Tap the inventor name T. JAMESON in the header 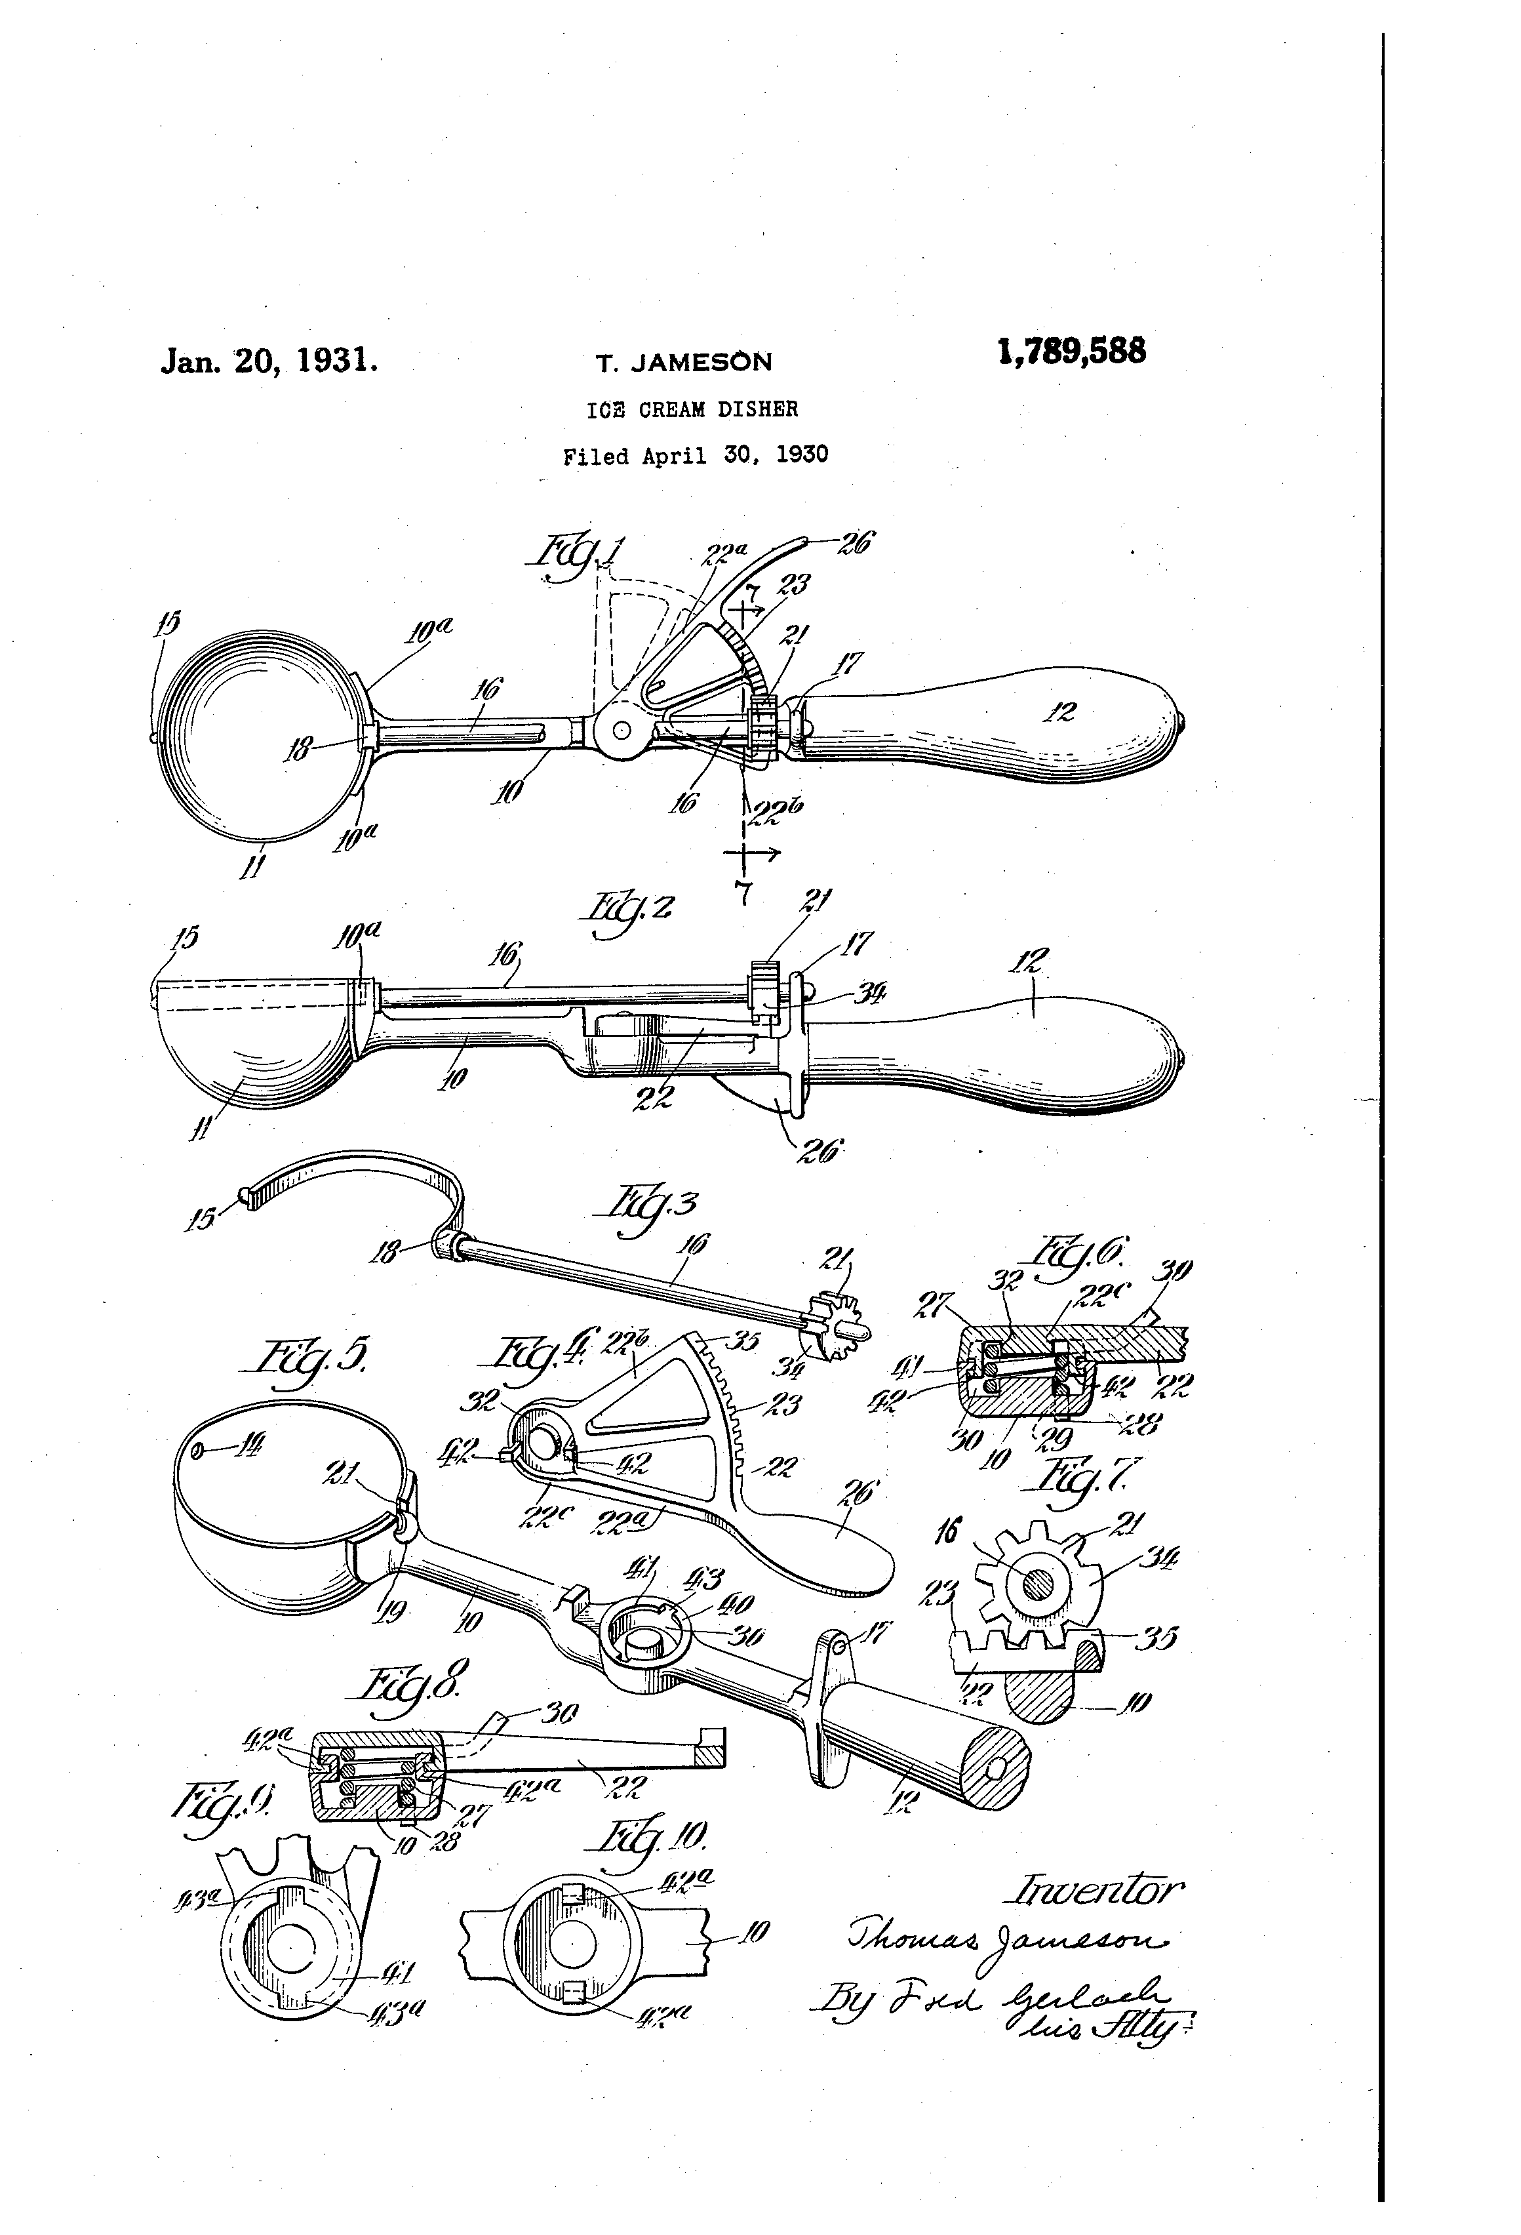684,363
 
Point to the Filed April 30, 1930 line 695,455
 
